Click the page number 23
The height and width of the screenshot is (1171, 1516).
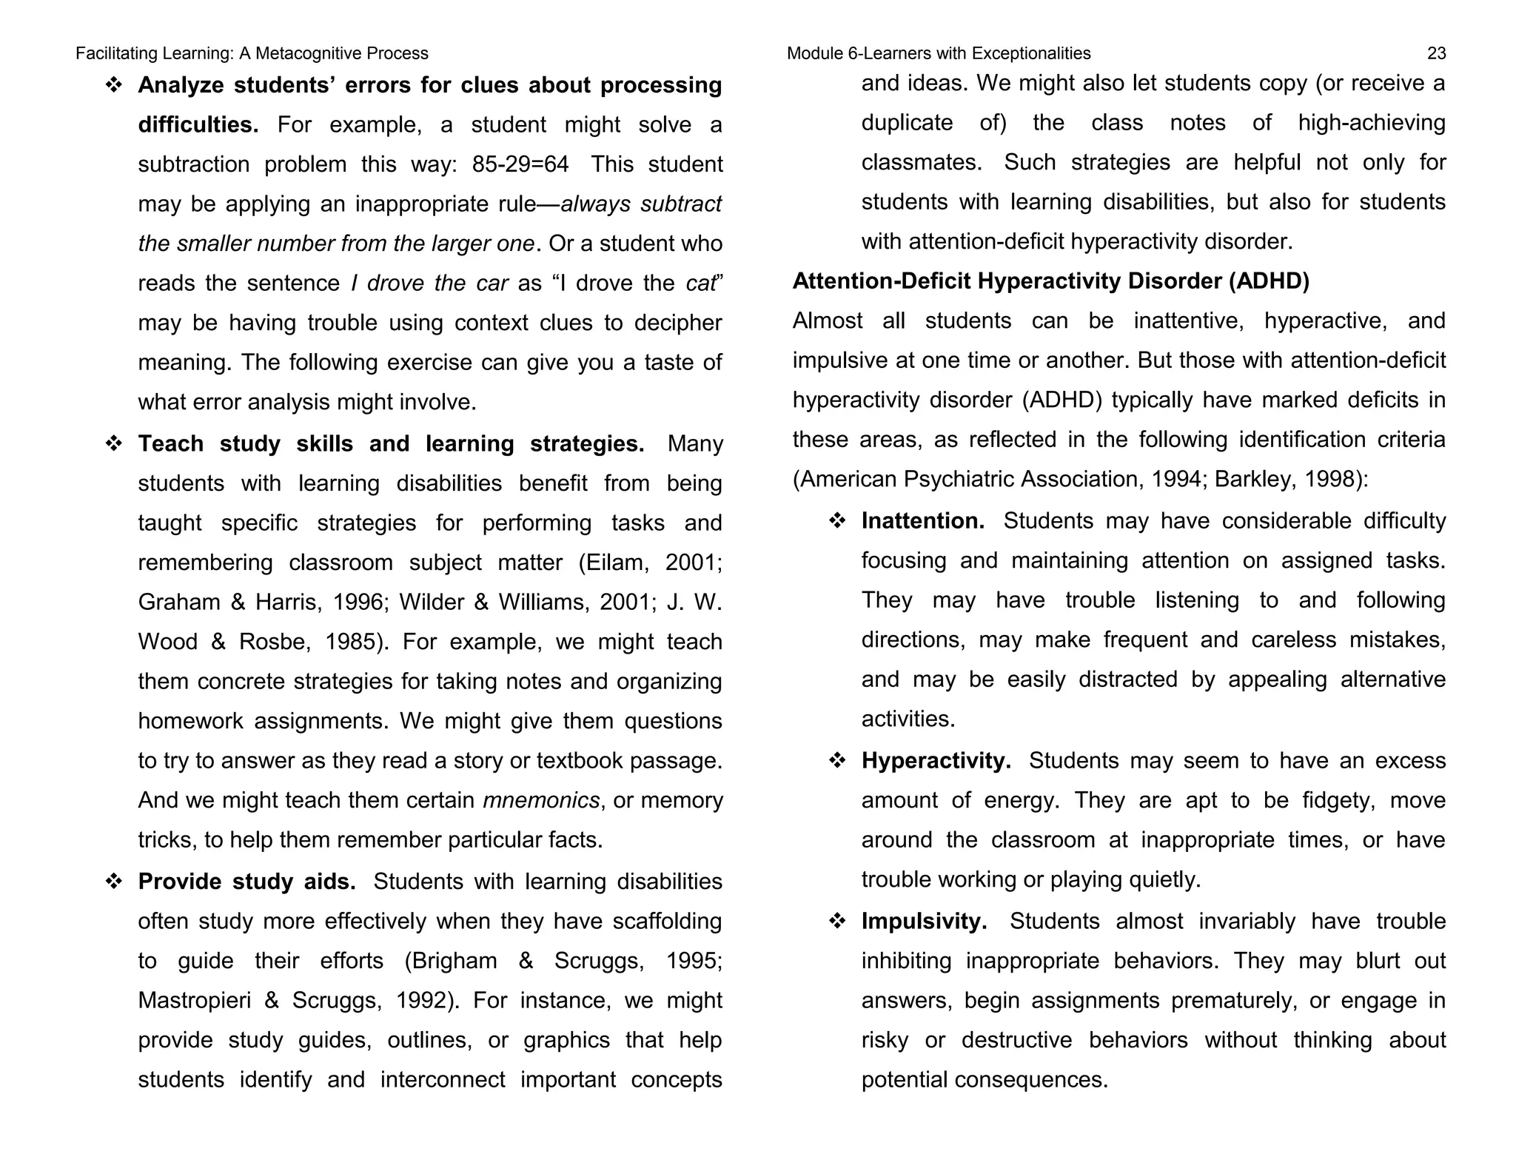tap(1435, 53)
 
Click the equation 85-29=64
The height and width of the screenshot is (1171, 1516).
tap(520, 164)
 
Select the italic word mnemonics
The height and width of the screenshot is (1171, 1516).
tap(540, 800)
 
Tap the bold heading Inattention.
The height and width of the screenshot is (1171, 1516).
tap(922, 521)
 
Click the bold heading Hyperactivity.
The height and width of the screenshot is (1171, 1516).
tap(936, 761)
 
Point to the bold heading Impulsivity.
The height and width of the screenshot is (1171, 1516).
tap(924, 922)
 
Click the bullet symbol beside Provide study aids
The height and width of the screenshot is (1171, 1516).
tap(114, 882)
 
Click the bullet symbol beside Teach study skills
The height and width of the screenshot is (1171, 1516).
tap(114, 443)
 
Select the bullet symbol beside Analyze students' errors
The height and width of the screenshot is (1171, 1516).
tap(114, 85)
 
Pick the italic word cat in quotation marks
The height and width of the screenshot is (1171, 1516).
tap(700, 283)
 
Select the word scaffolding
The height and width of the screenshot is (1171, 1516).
tap(666, 922)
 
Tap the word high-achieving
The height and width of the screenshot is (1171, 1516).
tap(1371, 123)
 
